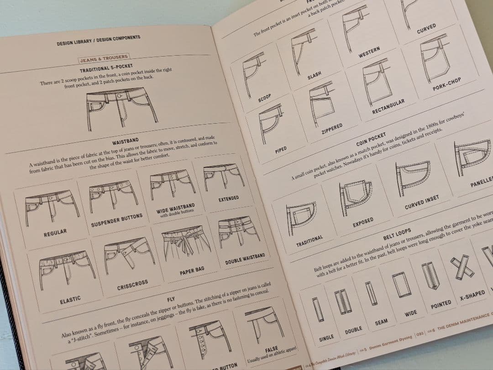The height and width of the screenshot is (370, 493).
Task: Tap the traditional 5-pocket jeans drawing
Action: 122,108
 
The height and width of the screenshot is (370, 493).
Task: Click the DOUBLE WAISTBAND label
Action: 245,259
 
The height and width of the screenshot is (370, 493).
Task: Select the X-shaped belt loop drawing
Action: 462,267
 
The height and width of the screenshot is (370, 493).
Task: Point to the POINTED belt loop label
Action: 441,304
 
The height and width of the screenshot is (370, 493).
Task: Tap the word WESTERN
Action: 369,52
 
